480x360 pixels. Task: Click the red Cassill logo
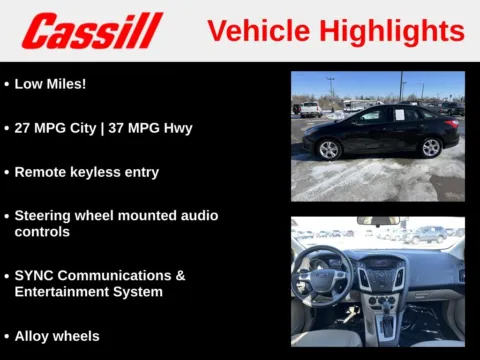92,31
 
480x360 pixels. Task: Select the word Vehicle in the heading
254,31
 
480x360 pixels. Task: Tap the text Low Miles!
50,84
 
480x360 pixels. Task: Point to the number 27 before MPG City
23,128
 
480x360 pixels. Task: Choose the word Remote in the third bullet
41,172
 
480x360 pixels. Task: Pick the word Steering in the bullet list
45,216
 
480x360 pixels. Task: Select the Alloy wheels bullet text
57,336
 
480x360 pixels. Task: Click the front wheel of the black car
329,149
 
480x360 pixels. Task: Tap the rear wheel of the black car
431,147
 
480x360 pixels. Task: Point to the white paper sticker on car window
397,116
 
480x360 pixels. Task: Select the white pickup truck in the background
311,109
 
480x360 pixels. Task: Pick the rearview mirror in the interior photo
378,221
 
